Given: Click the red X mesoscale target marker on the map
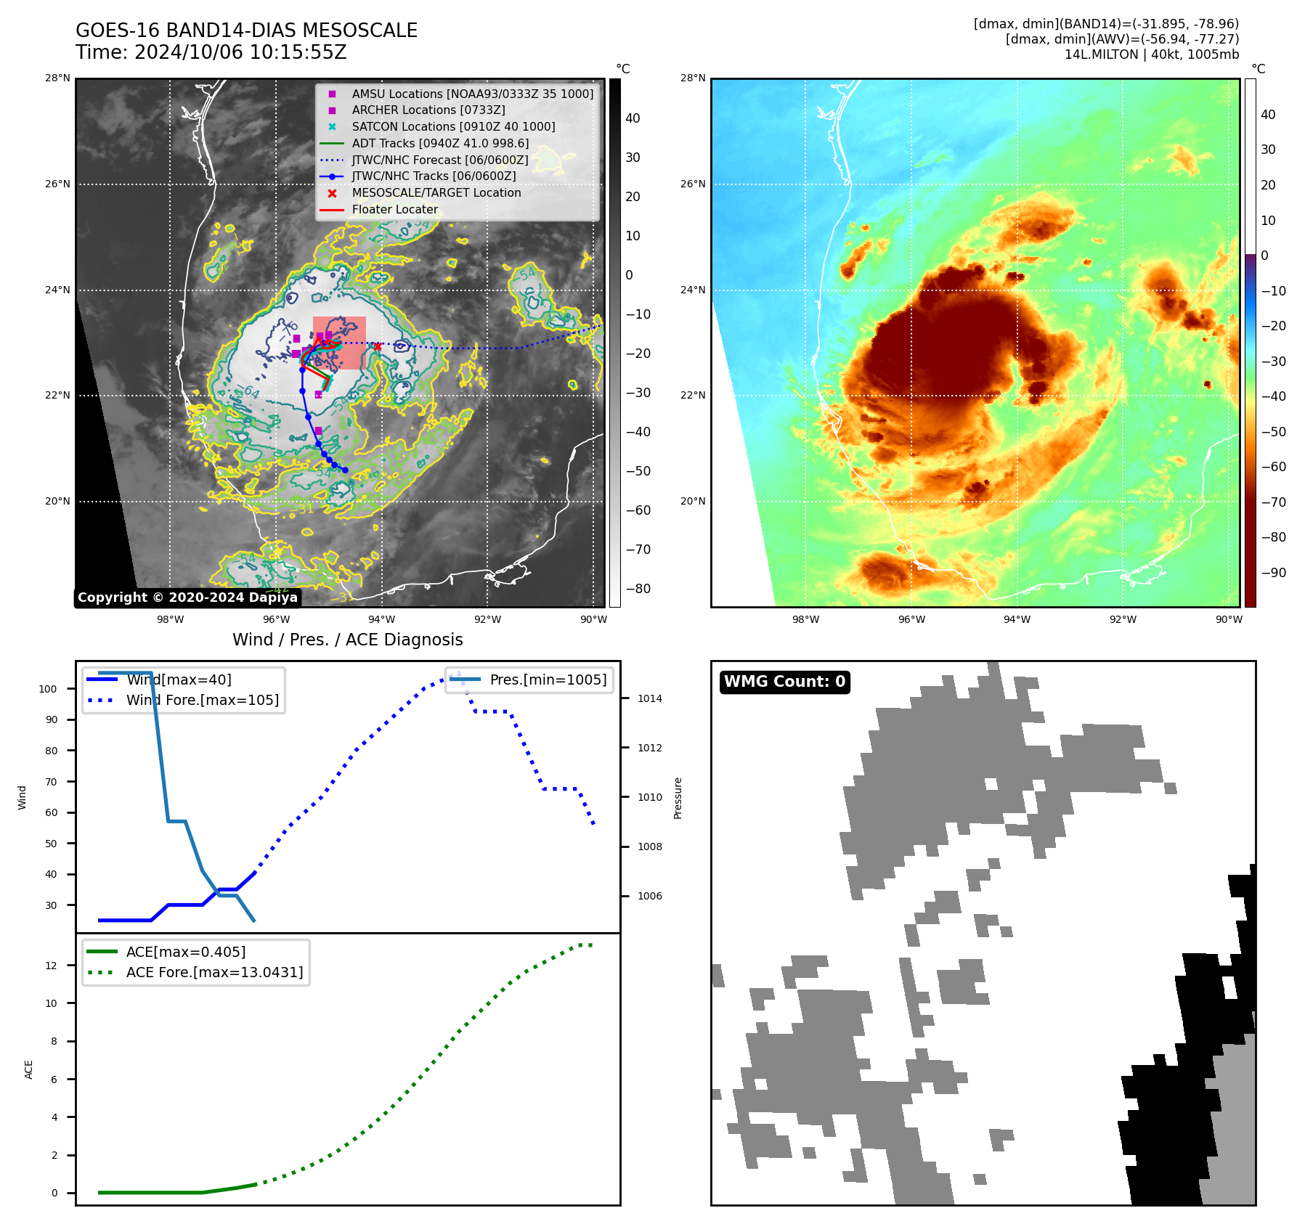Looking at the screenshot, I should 378,346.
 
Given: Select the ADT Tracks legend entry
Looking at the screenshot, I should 440,143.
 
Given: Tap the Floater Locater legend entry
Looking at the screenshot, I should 395,209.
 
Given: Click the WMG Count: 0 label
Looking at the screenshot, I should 784,682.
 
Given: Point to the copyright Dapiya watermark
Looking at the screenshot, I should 187,597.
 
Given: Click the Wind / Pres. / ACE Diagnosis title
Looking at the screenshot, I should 347,640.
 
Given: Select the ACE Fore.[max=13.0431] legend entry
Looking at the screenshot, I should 214,972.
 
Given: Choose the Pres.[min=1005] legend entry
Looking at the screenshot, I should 548,680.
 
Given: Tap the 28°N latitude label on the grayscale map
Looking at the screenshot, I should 57,78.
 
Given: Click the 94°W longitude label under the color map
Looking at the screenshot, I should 1017,619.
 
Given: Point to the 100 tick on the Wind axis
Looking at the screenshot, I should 48,689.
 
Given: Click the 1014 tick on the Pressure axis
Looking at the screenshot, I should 650,698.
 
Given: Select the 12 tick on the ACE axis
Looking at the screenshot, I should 52,966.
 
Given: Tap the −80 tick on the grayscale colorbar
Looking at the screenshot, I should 638,589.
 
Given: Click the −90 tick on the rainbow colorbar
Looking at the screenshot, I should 1274,573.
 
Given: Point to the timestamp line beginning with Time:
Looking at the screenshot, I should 211,52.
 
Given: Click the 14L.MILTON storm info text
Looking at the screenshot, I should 1151,54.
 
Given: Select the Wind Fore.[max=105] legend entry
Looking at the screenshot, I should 202,700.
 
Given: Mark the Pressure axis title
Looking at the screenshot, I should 678,798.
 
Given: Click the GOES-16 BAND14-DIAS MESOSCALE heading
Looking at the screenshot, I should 247,30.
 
